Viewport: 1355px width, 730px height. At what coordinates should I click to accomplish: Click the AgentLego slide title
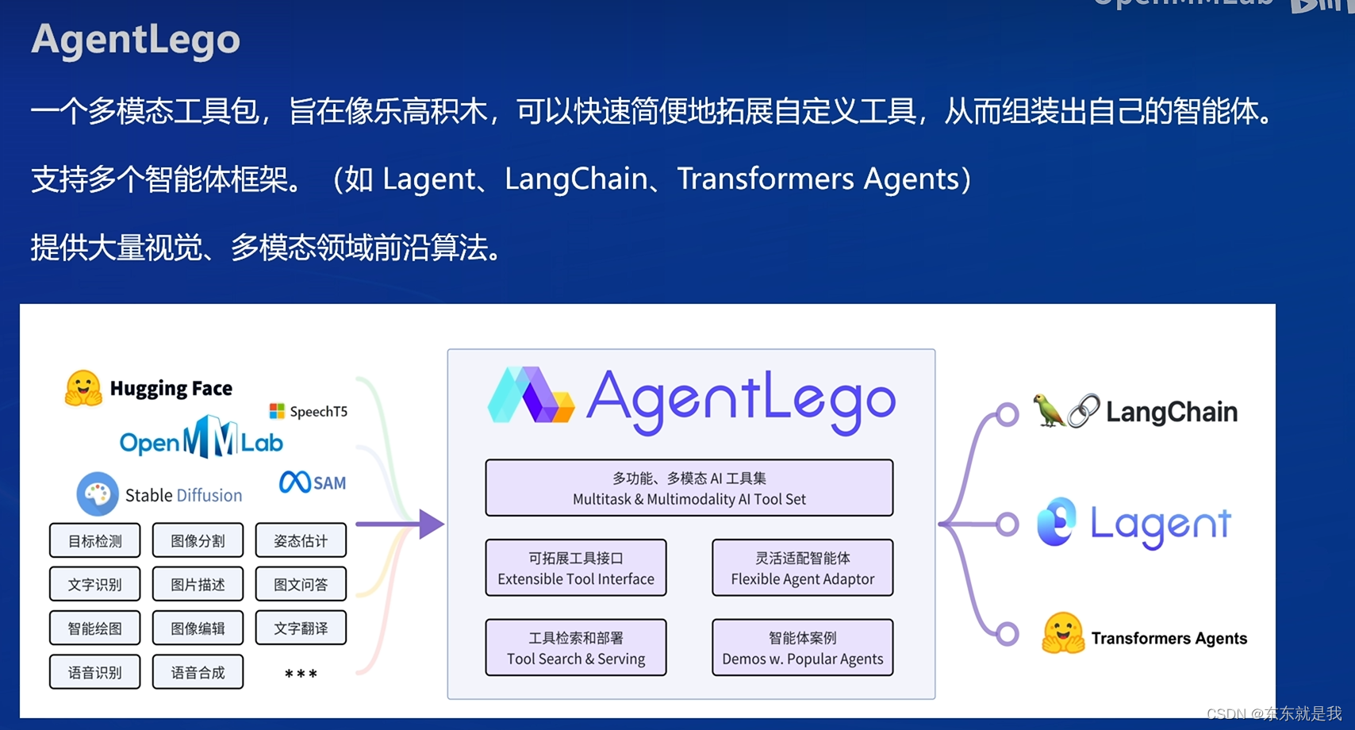[136, 40]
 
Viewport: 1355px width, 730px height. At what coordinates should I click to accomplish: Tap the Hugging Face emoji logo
[83, 388]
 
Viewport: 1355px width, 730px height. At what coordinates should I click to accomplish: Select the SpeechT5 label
[309, 411]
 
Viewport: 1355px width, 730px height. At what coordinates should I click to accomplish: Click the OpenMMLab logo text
[201, 438]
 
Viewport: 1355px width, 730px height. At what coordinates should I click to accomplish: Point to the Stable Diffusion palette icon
[98, 494]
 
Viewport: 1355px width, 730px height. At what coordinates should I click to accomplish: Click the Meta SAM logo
[313, 482]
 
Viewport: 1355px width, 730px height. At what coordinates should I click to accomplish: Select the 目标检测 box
[95, 541]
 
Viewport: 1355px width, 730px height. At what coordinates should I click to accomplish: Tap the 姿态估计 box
[301, 541]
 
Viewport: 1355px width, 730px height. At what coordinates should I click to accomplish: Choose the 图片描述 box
[198, 585]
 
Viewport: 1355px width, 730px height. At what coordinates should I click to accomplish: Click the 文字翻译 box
[301, 628]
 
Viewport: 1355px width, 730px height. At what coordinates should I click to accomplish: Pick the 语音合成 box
[198, 673]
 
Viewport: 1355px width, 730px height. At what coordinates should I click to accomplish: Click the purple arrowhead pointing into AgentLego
[431, 524]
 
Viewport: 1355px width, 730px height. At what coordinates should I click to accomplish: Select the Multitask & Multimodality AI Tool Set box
[689, 488]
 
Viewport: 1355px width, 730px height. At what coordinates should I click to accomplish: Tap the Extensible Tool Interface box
[576, 568]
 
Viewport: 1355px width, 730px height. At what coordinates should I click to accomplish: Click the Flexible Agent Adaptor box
[802, 568]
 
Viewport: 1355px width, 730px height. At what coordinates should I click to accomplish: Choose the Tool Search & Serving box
[576, 648]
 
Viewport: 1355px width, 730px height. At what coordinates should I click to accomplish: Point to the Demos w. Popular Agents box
[802, 648]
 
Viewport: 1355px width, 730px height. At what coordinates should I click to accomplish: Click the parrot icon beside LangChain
[1048, 410]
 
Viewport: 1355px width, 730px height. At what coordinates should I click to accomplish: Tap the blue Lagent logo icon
[1057, 522]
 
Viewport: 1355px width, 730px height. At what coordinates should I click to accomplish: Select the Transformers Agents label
[1169, 638]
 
